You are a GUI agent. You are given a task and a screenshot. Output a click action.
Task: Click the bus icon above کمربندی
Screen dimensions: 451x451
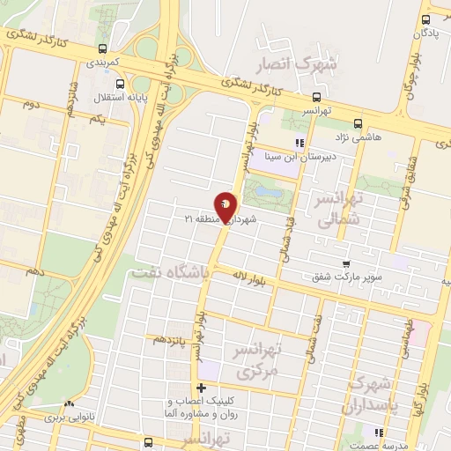(x=105, y=48)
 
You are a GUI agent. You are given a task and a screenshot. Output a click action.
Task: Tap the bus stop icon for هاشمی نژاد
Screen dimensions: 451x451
(x=357, y=123)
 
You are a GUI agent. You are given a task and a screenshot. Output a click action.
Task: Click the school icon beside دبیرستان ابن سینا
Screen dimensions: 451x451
(x=299, y=142)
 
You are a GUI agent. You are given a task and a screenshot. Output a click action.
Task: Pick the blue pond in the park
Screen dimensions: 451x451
(x=270, y=191)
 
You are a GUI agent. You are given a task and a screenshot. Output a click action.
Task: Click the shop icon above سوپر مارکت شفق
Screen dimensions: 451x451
(x=346, y=263)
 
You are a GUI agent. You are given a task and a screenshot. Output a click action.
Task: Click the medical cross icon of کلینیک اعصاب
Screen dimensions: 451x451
(x=202, y=388)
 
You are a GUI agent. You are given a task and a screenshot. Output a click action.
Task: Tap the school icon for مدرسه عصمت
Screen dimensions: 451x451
(x=379, y=433)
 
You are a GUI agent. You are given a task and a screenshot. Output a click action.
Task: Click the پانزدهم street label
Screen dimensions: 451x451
(x=169, y=338)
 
